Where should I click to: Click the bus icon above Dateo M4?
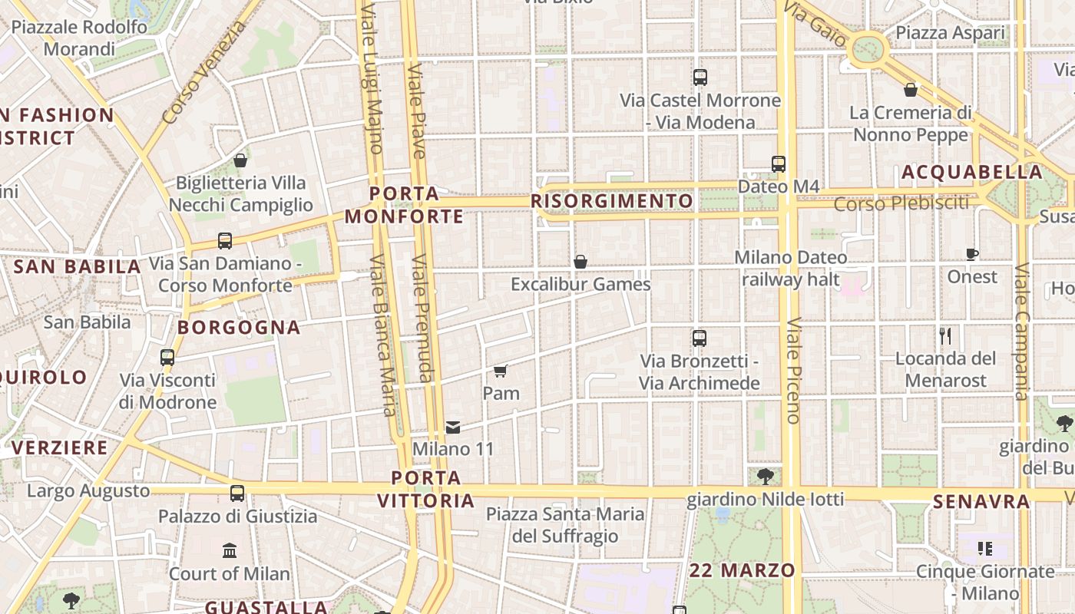tap(779, 163)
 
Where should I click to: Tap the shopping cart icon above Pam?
tap(501, 371)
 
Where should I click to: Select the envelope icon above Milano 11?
tap(453, 427)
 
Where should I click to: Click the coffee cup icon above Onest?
tap(972, 254)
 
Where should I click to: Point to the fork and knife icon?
tap(945, 335)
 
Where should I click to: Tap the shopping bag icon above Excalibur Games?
tap(580, 262)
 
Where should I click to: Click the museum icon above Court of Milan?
tap(229, 550)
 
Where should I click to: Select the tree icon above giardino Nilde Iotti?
tap(765, 477)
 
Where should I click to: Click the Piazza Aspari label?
tap(950, 33)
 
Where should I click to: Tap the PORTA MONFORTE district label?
tap(404, 205)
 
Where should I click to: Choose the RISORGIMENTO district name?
tap(612, 201)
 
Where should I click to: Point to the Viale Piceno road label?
tap(794, 370)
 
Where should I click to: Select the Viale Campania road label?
tap(1022, 332)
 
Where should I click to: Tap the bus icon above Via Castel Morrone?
tap(700, 78)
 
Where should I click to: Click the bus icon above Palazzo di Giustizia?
tap(237, 494)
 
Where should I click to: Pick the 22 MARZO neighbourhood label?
tap(742, 570)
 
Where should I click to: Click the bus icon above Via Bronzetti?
tap(699, 338)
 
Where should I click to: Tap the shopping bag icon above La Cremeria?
tap(911, 90)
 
